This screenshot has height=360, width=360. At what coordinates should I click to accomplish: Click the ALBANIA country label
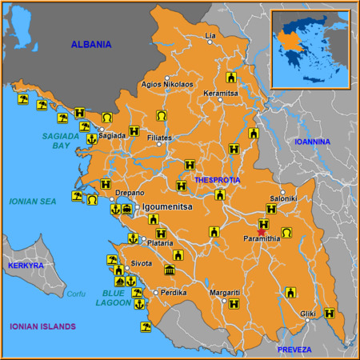(90, 45)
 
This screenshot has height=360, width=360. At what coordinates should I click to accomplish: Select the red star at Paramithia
(262, 231)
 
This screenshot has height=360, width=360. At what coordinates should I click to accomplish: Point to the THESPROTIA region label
(217, 180)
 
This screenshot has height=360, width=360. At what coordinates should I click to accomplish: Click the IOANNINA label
(312, 142)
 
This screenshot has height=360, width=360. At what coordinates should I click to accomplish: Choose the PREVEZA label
(294, 350)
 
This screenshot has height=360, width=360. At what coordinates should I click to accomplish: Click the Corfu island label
(75, 294)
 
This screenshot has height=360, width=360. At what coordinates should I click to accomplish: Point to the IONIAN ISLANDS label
(42, 326)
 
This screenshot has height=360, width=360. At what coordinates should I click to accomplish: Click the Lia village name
(211, 36)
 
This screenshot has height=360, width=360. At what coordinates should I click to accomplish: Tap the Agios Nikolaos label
(166, 84)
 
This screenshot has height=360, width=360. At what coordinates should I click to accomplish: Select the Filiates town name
(160, 138)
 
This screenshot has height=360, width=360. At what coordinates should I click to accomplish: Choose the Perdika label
(173, 292)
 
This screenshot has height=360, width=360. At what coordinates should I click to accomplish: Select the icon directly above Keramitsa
(231, 78)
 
